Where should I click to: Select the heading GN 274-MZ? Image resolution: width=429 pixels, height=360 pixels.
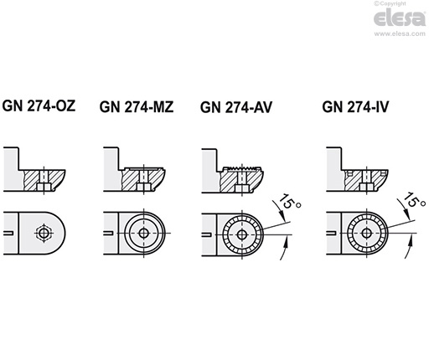click(136, 106)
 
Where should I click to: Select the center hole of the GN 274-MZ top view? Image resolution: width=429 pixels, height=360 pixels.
click(145, 232)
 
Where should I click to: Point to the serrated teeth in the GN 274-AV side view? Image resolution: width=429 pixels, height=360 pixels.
click(243, 172)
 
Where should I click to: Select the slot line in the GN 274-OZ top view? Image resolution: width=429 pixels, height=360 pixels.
click(11, 232)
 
